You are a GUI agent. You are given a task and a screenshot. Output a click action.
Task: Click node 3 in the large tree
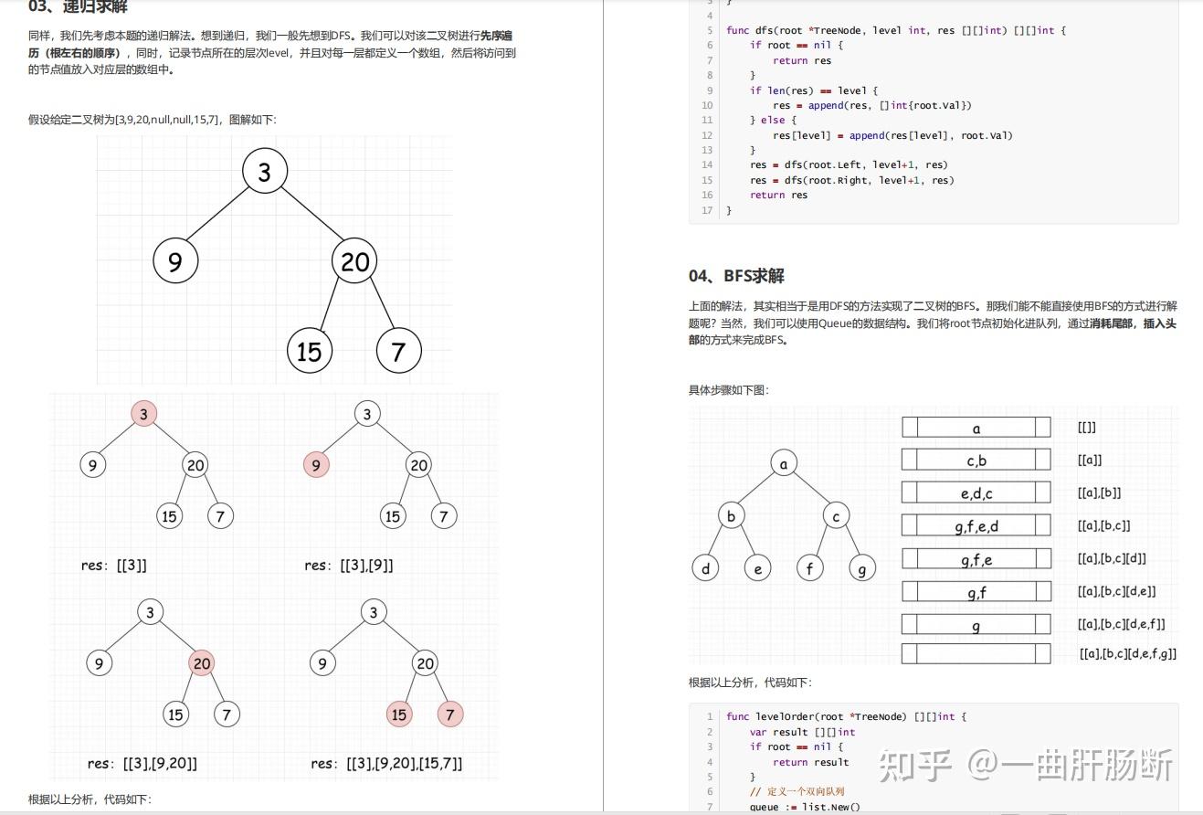(265, 172)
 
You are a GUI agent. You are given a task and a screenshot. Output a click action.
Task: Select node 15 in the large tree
(310, 350)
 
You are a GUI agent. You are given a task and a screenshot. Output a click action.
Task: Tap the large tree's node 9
(175, 261)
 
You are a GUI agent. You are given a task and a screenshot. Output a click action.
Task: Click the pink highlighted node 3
(143, 414)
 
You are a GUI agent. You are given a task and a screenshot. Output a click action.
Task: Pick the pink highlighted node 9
(316, 466)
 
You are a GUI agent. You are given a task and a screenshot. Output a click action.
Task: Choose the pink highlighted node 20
(202, 663)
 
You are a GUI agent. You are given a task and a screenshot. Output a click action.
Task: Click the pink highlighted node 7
(450, 714)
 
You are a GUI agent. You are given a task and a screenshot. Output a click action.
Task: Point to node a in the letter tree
(784, 463)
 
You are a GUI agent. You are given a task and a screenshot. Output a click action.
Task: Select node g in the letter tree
(862, 568)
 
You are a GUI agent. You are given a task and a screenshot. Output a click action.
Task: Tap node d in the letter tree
(705, 568)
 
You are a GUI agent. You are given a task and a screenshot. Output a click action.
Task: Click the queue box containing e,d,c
(976, 493)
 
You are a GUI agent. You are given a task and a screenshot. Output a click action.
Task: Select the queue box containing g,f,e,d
(976, 526)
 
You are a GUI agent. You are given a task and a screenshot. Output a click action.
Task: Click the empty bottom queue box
(976, 654)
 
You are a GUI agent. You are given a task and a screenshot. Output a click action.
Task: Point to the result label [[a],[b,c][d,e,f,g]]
(1127, 654)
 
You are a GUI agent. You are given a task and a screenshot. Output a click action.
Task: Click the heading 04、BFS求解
(736, 276)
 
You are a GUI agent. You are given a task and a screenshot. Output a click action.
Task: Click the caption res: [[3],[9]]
(349, 566)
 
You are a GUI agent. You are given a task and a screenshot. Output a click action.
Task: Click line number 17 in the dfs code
(707, 210)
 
